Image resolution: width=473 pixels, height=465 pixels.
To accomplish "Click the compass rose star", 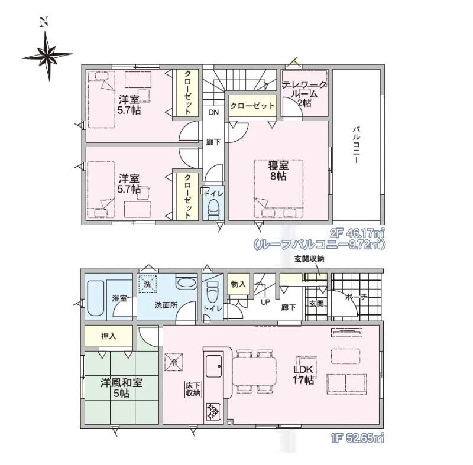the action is coord(47,56).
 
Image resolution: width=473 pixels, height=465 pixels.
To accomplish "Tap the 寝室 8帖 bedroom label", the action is coord(278,171).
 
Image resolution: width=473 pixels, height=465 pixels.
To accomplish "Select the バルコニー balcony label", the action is coord(357,145).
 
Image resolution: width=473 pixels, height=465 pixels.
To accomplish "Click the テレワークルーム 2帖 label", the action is coord(304,94).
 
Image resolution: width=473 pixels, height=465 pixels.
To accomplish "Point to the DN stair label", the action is coord(213,112).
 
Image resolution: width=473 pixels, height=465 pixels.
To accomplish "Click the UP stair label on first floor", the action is coord(265,302).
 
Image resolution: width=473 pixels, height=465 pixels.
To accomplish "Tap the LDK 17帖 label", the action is coord(304,375).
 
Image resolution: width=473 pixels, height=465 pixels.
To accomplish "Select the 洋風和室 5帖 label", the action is coord(121,388).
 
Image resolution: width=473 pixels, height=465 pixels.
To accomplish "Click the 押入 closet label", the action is coord(108,336).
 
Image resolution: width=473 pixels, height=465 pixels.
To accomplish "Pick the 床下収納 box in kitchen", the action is coord(193,389).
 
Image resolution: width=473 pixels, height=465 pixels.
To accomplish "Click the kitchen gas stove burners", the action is coord(212,412).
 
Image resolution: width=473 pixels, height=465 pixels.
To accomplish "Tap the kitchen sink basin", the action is coord(213,366).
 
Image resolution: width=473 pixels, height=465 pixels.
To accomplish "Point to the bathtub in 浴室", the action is coord(96,298).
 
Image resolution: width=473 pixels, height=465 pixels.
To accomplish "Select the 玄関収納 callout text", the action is coord(309,259).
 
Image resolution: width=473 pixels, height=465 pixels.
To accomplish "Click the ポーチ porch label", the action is coord(357,297).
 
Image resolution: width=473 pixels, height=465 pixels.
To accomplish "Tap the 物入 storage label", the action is coord(238,284).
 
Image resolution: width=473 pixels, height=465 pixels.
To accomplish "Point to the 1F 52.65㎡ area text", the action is coord(357,438).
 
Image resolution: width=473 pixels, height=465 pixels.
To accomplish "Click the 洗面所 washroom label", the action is coord(166,305).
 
